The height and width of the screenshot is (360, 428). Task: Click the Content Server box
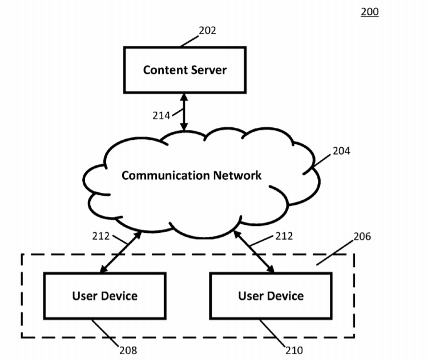(x=185, y=70)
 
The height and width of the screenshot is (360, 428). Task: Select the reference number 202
(x=208, y=31)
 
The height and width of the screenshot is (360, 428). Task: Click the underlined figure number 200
(x=370, y=11)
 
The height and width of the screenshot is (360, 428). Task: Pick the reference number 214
(x=161, y=115)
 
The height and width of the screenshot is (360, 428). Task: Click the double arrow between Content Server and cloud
(x=184, y=112)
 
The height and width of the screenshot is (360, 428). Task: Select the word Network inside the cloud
(x=237, y=175)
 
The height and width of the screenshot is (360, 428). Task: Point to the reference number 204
(x=341, y=151)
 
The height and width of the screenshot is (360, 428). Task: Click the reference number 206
(x=362, y=236)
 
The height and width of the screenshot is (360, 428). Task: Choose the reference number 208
(x=128, y=350)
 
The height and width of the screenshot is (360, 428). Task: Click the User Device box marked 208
(x=105, y=296)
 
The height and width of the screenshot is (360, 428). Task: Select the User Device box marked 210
(x=270, y=296)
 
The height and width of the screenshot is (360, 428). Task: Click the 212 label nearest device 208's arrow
(x=101, y=236)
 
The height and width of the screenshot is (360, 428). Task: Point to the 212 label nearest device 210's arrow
(x=284, y=236)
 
